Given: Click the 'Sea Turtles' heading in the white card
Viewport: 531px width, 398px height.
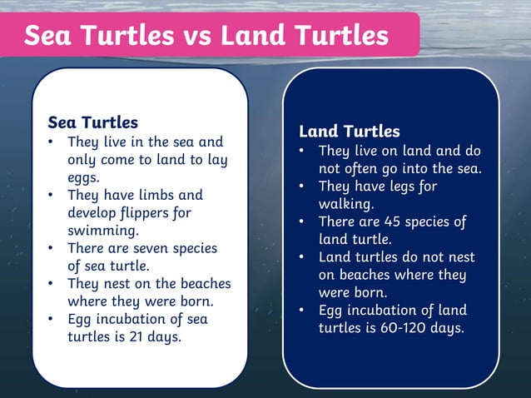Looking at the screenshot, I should click(x=92, y=123).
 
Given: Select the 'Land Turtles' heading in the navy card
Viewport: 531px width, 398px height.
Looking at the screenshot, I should click(x=350, y=132).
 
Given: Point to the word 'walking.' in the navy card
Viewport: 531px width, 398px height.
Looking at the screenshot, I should click(x=346, y=204).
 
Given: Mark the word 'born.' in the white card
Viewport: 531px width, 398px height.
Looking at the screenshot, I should click(x=194, y=301).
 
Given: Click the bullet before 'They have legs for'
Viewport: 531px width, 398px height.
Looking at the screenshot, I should click(x=305, y=187).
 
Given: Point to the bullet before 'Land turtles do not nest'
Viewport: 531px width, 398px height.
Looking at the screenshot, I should click(x=305, y=258).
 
